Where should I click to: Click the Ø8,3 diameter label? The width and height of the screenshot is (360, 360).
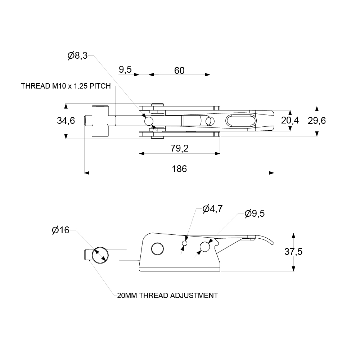(77, 56)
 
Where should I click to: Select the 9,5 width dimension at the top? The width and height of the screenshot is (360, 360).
(125, 70)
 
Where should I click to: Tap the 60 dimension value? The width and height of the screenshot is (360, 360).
(179, 70)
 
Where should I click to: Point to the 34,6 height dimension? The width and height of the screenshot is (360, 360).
(66, 121)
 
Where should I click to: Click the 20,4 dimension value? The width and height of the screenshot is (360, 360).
(290, 121)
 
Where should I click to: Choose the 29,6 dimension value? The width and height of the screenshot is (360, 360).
(317, 121)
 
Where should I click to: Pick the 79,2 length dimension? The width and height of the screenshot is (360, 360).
(180, 148)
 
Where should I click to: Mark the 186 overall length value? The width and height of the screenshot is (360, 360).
(180, 168)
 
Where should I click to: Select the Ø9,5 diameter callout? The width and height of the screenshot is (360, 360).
(255, 213)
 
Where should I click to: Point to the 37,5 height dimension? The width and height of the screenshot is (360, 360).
(293, 252)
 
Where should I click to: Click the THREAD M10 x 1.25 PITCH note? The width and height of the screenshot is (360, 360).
(66, 86)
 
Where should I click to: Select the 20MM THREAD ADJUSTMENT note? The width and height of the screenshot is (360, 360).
(167, 296)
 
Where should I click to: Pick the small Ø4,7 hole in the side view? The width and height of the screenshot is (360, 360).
(185, 244)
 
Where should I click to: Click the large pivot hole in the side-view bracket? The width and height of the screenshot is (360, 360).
(157, 248)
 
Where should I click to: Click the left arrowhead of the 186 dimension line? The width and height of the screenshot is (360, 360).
(86, 173)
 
